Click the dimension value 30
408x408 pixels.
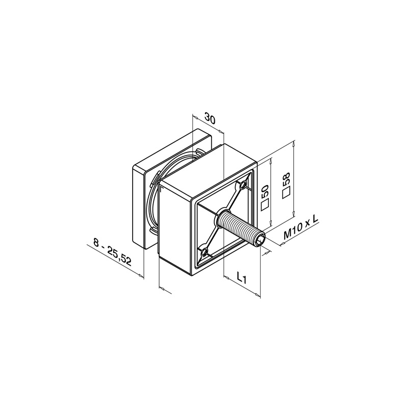tap(210, 118)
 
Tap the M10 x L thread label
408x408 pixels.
tap(301, 227)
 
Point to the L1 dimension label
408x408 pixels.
tap(241, 278)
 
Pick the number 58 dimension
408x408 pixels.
tap(286, 180)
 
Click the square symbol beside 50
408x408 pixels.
tap(265, 205)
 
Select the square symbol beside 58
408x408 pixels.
tap(286, 193)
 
